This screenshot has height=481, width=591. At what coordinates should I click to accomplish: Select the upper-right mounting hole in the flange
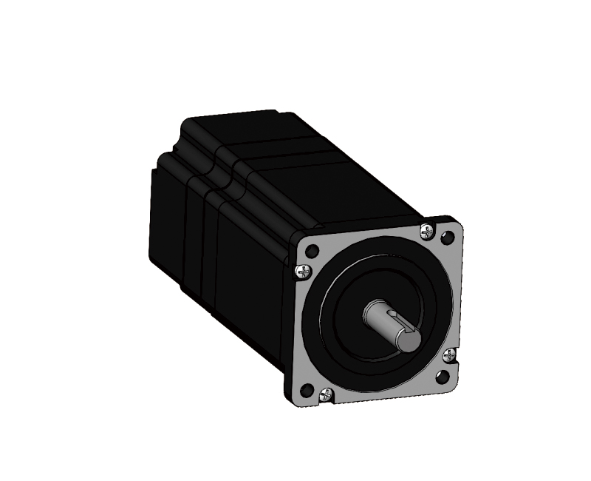[x=445, y=238]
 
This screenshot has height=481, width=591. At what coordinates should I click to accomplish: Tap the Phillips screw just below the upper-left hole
[x=302, y=272]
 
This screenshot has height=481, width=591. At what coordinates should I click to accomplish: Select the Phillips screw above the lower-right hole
[x=448, y=356]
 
